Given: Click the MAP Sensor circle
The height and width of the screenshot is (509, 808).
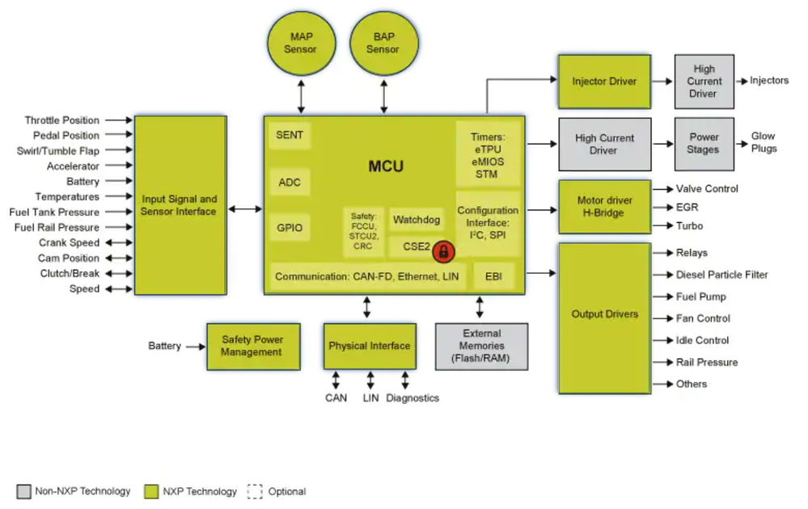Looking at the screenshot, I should tap(302, 44).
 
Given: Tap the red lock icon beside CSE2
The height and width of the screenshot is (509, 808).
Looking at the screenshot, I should tap(442, 251).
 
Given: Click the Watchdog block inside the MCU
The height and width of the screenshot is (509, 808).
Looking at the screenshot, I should tap(417, 220).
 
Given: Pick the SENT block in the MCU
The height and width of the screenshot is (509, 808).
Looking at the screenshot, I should tap(290, 135).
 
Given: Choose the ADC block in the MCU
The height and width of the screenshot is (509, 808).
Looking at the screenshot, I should tap(290, 182).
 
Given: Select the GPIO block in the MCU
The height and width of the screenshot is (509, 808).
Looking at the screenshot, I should tap(290, 228).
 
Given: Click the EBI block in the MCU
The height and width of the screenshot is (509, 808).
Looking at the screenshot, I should tap(493, 276).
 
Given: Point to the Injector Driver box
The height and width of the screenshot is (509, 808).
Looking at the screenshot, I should tap(604, 82).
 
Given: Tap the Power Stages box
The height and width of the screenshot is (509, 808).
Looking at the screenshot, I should tap(703, 144).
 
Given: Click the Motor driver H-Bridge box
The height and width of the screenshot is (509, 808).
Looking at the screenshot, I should tap(604, 207).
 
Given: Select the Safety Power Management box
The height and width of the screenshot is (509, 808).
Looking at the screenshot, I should tap(252, 346).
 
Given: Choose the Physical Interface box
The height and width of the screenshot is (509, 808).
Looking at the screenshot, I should tap(369, 346).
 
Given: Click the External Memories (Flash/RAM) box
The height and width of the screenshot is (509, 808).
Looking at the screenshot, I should tap(481, 346).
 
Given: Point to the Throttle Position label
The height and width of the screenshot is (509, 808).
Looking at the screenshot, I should tap(62, 120).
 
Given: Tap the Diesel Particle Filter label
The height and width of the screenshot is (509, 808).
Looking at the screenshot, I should tap(722, 275).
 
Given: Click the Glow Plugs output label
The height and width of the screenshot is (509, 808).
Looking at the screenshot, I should tap(764, 143).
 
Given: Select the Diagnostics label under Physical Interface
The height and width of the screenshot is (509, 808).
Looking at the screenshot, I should tap(412, 398).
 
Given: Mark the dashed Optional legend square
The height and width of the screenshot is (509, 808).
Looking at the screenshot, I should tap(256, 491).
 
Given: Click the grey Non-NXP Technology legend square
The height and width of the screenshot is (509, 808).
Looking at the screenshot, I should tap(23, 491).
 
